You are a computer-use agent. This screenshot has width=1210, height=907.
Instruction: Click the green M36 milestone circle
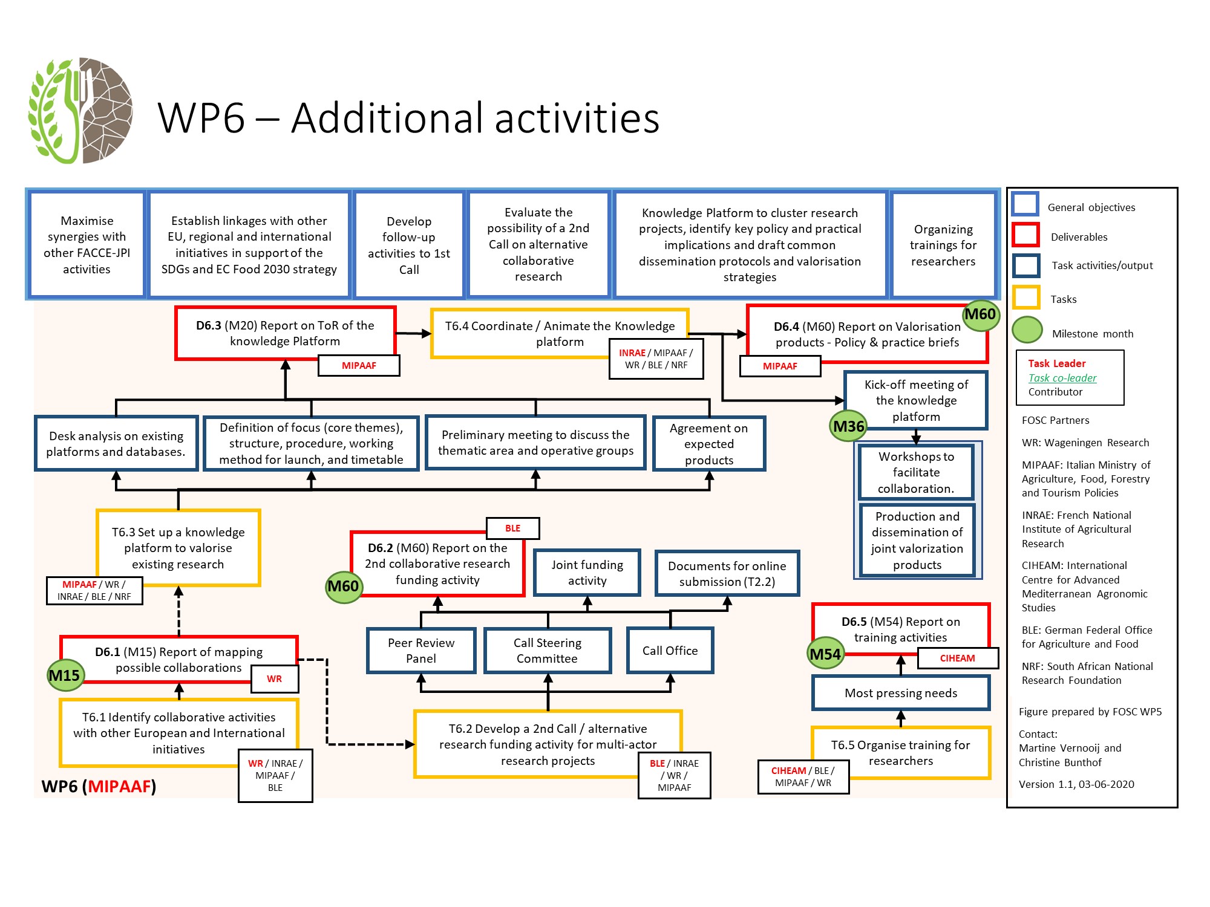coord(848,426)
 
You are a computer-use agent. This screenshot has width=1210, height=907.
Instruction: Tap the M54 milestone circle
coord(825,654)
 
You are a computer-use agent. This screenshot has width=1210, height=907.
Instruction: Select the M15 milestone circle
coord(65,675)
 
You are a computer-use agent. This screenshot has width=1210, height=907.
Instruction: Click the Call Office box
coord(670,651)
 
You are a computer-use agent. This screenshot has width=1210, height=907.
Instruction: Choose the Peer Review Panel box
coord(421,651)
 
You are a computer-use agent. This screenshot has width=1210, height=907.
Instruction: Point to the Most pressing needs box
coord(900,693)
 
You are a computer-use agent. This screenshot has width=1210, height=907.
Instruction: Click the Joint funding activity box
coord(587,573)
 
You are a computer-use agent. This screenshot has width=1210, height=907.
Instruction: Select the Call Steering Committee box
coord(548,651)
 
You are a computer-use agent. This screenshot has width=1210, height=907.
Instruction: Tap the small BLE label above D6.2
coord(512,528)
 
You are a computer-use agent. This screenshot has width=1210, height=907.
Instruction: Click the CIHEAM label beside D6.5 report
coord(957,658)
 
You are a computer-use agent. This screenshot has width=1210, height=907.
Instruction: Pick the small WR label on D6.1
coord(274,678)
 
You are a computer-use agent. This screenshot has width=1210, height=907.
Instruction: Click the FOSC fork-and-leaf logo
coord(80,111)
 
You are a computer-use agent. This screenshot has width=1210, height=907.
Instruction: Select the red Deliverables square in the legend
coord(1025,235)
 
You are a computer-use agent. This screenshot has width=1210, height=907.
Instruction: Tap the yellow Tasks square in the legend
coord(1025,297)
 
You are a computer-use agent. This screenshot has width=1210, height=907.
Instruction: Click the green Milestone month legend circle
coord(1027,330)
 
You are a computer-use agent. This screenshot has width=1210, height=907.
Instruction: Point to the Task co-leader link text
coord(1062,378)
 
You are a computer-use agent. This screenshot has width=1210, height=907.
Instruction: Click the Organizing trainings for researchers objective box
coord(943,245)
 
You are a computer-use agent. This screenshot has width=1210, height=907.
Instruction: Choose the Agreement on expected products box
coord(708,444)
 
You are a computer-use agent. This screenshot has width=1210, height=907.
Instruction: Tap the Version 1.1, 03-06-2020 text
coord(1076,784)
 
